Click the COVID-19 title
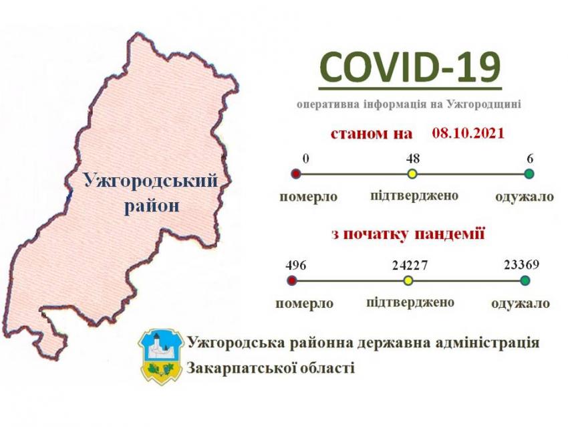[x=410, y=68]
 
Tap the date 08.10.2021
[x=468, y=133]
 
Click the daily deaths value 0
[x=306, y=159]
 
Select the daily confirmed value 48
[x=412, y=158]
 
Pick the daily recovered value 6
[x=531, y=159]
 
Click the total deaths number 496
[x=295, y=265]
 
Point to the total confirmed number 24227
[x=410, y=266]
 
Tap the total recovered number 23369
[x=522, y=264]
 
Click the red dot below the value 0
[x=296, y=174]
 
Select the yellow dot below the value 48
[x=412, y=174]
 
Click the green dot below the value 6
[x=529, y=174]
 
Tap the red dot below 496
[x=292, y=280]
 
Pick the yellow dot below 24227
[x=408, y=280]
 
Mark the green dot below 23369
[x=525, y=280]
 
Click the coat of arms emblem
[x=160, y=357]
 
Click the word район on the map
[x=152, y=206]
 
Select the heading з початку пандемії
[x=408, y=234]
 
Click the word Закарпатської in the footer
[x=241, y=368]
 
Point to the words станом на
[x=372, y=134]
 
